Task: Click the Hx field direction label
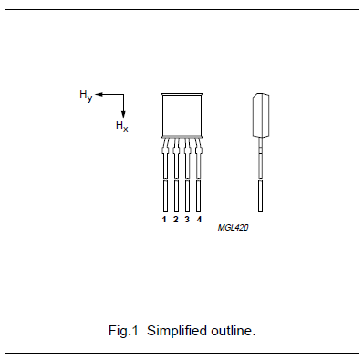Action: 121,126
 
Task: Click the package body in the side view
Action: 260,114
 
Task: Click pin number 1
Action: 164,220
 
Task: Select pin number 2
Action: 175,220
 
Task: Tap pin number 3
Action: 187,220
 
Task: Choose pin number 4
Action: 198,220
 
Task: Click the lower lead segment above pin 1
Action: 164,196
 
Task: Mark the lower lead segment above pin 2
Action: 175,196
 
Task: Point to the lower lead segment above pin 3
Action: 187,196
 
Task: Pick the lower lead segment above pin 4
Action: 198,196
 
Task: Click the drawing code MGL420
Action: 234,228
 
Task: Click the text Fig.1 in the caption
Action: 122,329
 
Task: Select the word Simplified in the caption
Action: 175,329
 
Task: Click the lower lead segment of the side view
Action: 261,196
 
